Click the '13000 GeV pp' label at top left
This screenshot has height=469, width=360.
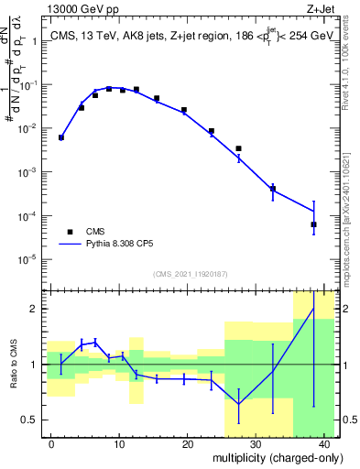(82, 8)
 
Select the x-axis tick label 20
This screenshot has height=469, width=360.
(187, 443)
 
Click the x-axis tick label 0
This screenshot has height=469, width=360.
(51, 443)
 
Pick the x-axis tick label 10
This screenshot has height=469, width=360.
(119, 443)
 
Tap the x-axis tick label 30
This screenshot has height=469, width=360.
(256, 443)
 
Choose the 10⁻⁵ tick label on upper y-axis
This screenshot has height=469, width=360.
(29, 259)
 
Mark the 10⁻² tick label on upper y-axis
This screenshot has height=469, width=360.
(29, 129)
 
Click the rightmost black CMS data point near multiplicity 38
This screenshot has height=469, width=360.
(313, 224)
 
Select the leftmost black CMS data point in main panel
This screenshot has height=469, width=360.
(61, 137)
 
